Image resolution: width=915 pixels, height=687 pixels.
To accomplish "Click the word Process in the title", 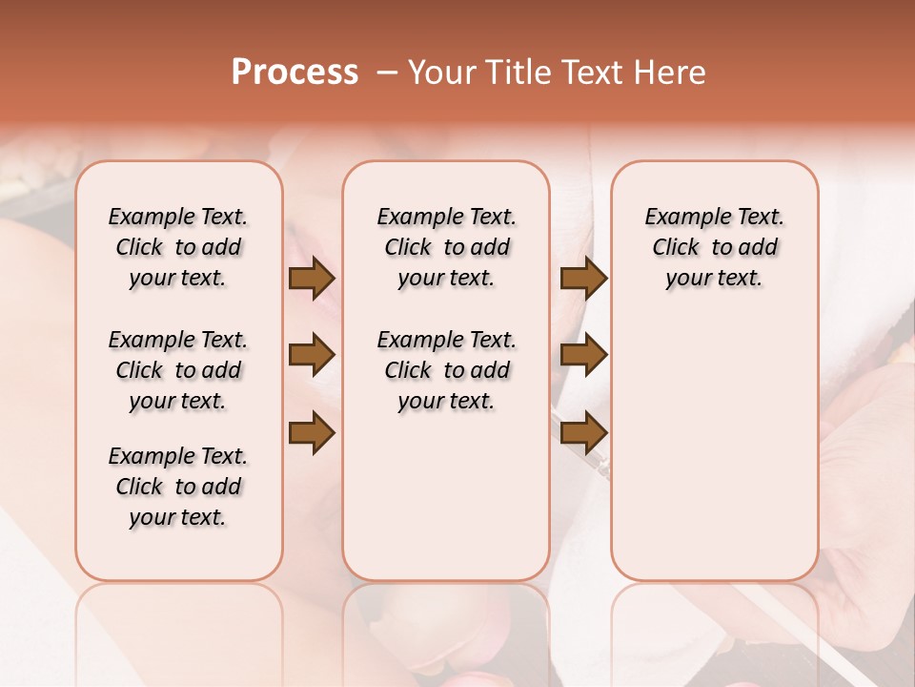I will coord(295,73).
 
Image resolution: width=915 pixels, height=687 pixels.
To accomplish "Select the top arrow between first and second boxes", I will coord(312,279).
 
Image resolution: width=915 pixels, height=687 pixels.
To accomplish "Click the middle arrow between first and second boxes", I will coord(312,355).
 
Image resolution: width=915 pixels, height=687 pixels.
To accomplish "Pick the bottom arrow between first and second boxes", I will coord(312,432).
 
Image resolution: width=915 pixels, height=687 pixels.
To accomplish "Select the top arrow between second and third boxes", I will coord(583,279).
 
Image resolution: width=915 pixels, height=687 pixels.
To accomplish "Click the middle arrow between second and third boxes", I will coord(583,355).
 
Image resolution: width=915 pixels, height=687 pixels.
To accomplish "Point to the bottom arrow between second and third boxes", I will coord(583,432).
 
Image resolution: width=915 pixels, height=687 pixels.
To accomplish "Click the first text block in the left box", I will coord(178,248).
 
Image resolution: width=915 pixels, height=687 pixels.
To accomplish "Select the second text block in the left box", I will coord(178,370).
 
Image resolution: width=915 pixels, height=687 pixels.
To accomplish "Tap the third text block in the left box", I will coord(178,487).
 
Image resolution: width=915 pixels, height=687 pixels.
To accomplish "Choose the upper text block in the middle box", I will coord(446,248).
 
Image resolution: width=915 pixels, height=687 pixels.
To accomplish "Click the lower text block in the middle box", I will coord(446,370).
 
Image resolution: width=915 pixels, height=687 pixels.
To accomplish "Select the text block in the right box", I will coord(715,248).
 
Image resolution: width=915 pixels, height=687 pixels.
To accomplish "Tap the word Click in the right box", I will coord(677,248).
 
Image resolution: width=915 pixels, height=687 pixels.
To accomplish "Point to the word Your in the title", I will coord(440,73).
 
